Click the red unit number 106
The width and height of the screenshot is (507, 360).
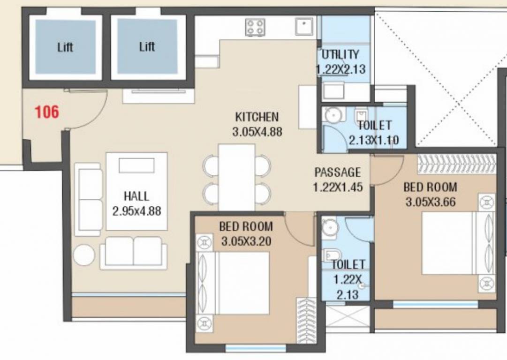(47, 112)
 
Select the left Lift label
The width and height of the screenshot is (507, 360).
(65, 47)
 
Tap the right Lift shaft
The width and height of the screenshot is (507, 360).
(147, 47)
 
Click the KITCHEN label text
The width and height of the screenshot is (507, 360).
(257, 117)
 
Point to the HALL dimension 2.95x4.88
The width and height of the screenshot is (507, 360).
(136, 211)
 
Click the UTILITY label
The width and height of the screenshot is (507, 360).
(341, 54)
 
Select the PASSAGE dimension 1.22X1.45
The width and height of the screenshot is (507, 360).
(338, 187)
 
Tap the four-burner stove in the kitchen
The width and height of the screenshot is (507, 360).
(256, 27)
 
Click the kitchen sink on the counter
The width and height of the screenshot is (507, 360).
(304, 26)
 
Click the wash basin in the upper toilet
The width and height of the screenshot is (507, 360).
(334, 114)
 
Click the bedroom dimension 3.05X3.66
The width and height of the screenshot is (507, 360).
(430, 202)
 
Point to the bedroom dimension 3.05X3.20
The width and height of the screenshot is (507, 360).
(246, 242)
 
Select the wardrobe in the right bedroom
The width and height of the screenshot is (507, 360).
(456, 164)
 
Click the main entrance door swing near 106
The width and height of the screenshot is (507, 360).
(87, 109)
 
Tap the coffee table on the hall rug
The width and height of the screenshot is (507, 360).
(136, 165)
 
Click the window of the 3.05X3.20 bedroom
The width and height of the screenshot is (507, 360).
(256, 348)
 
